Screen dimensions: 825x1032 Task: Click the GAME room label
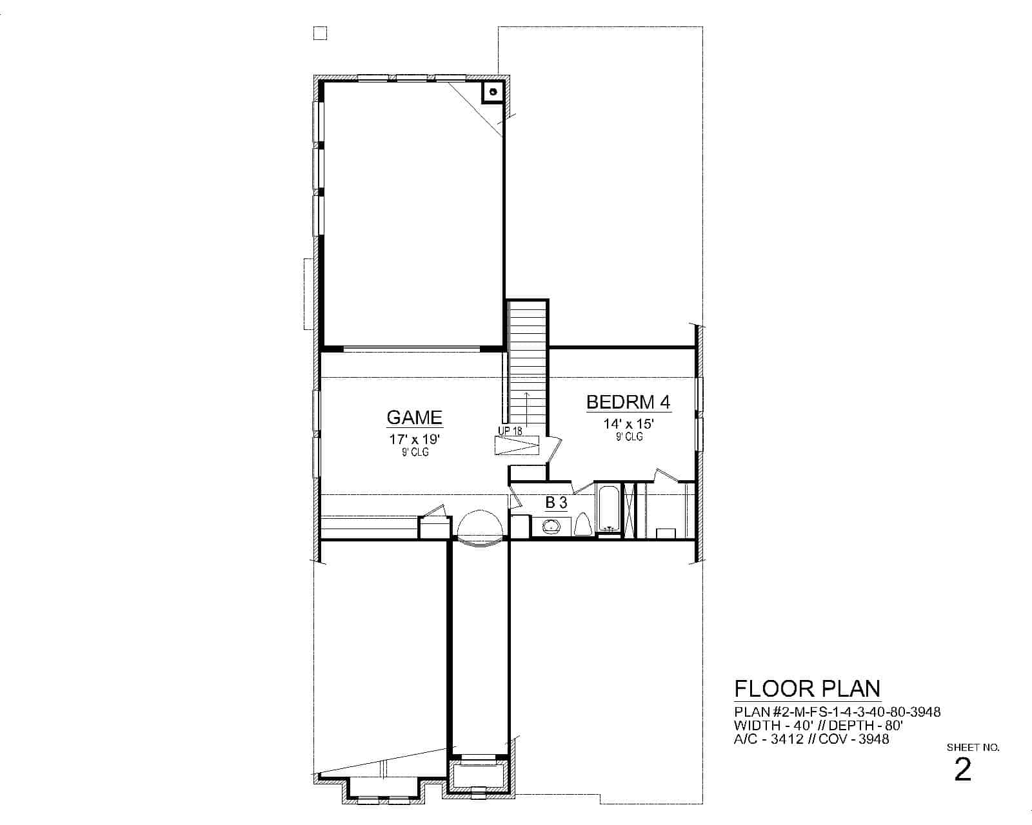pyautogui.click(x=414, y=418)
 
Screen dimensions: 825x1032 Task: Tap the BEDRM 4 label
pyautogui.click(x=628, y=402)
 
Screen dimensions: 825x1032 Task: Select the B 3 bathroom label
pyautogui.click(x=556, y=503)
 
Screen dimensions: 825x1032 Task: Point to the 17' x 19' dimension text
pyautogui.click(x=414, y=440)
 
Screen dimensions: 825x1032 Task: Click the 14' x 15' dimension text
pyautogui.click(x=628, y=424)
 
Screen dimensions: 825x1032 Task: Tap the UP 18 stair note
pyautogui.click(x=510, y=431)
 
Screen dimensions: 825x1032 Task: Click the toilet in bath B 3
pyautogui.click(x=582, y=525)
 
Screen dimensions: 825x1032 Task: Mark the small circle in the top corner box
pyautogui.click(x=493, y=92)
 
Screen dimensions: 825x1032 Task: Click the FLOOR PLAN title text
pyautogui.click(x=807, y=689)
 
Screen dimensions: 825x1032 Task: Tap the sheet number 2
pyautogui.click(x=962, y=770)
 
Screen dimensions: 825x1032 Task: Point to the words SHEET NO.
pyautogui.click(x=973, y=748)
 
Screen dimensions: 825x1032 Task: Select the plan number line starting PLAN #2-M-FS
pyautogui.click(x=837, y=712)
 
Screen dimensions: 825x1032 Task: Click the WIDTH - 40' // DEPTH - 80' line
pyautogui.click(x=818, y=726)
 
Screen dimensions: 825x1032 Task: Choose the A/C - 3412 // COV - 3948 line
pyautogui.click(x=811, y=739)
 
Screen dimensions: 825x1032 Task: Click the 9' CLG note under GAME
pyautogui.click(x=414, y=452)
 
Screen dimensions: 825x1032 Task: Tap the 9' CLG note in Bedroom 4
pyautogui.click(x=628, y=436)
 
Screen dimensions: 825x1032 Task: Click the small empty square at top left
pyautogui.click(x=320, y=33)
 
